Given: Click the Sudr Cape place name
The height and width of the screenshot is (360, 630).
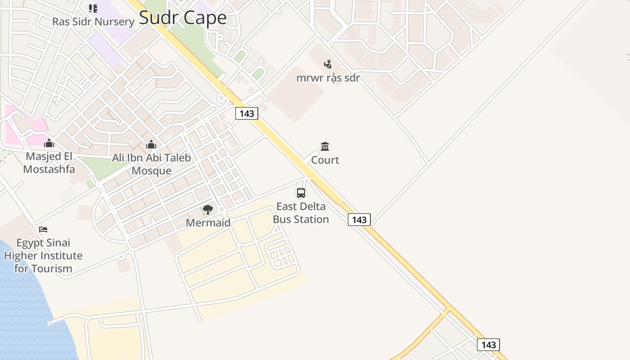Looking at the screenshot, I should [x=183, y=18].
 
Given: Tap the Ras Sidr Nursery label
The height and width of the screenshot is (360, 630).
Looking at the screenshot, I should [x=93, y=22].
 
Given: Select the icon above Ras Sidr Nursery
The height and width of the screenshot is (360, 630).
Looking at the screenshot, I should [x=93, y=8].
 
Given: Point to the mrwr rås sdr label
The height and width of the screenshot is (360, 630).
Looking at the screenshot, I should [x=328, y=77].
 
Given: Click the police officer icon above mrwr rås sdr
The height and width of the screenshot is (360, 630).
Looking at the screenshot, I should [x=328, y=64].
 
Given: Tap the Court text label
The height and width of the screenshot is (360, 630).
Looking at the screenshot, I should [x=325, y=160].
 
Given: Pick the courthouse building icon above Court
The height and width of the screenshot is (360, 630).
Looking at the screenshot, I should [x=325, y=146].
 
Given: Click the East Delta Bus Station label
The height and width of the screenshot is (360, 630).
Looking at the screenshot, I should [x=301, y=213].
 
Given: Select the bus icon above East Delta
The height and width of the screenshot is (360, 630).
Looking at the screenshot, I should [x=301, y=193].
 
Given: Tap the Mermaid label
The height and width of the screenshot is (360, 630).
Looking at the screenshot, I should [x=208, y=223].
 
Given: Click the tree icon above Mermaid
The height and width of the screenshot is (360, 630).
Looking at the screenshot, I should [x=208, y=209].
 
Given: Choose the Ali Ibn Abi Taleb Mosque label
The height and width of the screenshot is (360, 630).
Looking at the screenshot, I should [x=151, y=164].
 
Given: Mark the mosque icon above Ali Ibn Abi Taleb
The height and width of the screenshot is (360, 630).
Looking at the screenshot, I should [x=151, y=144].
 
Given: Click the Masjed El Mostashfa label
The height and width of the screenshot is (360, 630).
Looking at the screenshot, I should [x=49, y=163].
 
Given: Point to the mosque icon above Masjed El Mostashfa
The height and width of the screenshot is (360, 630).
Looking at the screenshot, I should [x=49, y=143].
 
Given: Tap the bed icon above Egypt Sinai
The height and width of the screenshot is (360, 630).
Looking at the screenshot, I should [x=43, y=229].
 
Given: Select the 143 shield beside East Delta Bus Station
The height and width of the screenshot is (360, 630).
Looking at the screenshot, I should [x=359, y=220].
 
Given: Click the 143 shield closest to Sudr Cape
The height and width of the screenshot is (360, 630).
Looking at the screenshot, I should [x=247, y=113].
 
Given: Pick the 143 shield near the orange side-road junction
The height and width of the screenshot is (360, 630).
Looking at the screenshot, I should [x=488, y=345].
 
